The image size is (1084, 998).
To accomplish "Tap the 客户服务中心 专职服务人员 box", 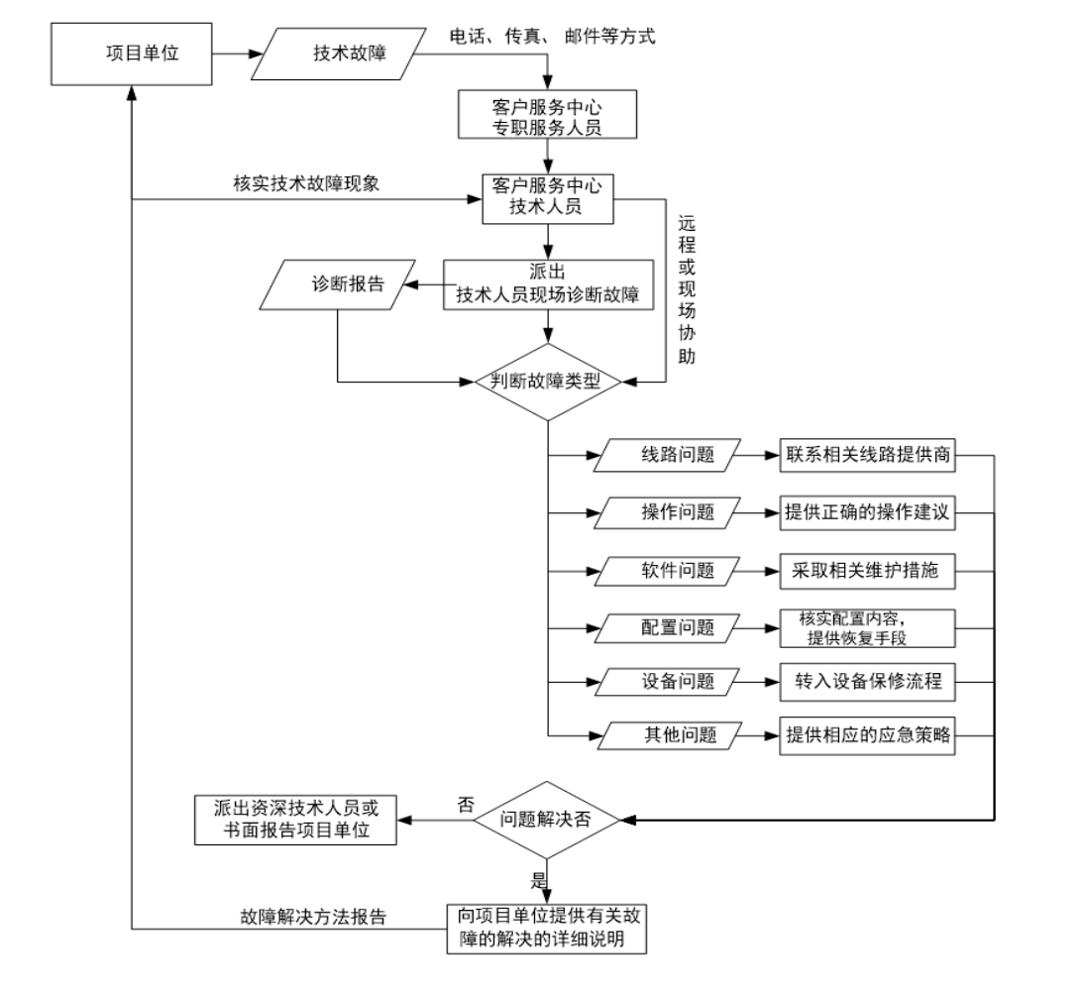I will tap(544, 114).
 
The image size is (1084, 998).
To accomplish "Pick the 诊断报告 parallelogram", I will tap(340, 285).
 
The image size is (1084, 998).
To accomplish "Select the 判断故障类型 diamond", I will tap(547, 382).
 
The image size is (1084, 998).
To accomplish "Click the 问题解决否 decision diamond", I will tap(547, 820).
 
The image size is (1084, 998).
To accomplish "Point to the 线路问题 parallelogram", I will tap(670, 457).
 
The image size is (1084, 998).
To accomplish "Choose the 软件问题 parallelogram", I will tap(670, 571).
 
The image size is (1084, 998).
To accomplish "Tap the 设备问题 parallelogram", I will tap(670, 682).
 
